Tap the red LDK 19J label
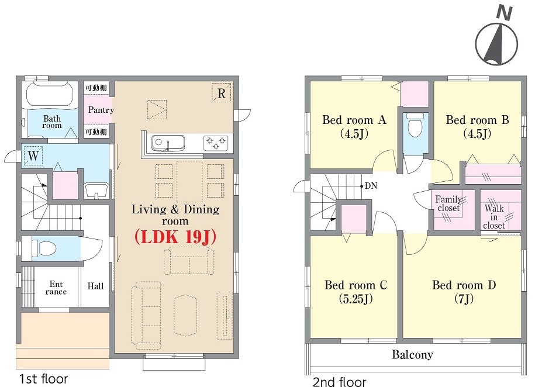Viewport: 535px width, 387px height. [175, 237]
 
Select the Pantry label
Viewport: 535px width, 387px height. [101, 110]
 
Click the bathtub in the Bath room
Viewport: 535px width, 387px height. [50, 95]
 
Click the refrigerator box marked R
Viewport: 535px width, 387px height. [222, 93]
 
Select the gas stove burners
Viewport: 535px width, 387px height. [216, 142]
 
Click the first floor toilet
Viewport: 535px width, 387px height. [44, 248]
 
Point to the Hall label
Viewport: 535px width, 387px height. [95, 286]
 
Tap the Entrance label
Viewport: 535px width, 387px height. [56, 288]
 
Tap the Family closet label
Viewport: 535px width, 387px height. [448, 203]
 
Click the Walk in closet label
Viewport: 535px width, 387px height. [494, 217]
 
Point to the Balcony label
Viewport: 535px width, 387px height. [412, 355]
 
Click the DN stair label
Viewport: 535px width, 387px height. [371, 186]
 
